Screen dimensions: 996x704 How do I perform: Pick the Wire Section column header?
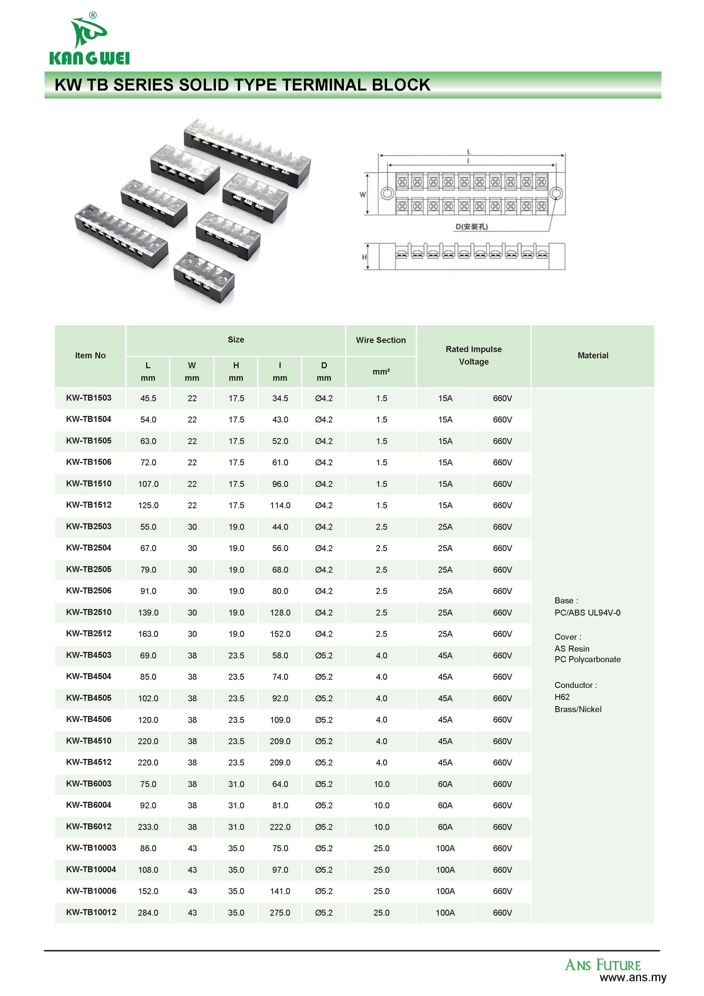(x=381, y=340)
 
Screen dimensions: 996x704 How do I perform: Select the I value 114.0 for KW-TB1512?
(x=280, y=505)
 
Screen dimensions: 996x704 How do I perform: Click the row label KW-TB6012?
(x=89, y=826)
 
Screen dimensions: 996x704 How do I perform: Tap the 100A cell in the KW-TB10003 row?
(x=445, y=848)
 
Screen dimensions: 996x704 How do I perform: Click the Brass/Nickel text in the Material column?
(x=578, y=709)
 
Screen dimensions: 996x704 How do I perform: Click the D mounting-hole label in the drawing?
(x=472, y=227)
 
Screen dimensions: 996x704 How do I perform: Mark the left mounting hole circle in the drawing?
(x=387, y=193)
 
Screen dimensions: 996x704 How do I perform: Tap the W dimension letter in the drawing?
(x=362, y=195)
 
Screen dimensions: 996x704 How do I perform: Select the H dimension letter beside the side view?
(x=364, y=257)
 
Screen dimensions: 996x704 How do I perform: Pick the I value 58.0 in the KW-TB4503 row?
(x=280, y=656)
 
